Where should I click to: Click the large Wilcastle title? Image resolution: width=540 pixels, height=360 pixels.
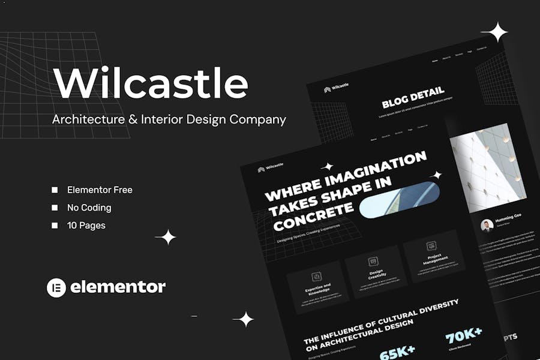pyautogui.click(x=150, y=83)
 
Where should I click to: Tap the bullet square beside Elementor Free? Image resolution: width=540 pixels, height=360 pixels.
pyautogui.click(x=55, y=190)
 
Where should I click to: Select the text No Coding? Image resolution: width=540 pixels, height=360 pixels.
pyautogui.click(x=89, y=208)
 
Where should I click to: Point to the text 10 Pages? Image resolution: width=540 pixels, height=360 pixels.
pyautogui.click(x=86, y=226)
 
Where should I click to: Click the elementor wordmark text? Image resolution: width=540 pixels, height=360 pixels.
pyautogui.click(x=118, y=287)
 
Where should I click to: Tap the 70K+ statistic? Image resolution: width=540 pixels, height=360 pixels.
pyautogui.click(x=464, y=334)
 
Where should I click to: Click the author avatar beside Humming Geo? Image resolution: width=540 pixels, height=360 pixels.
pyautogui.click(x=487, y=225)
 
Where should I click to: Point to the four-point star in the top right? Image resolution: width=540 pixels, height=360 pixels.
pyautogui.click(x=494, y=32)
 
